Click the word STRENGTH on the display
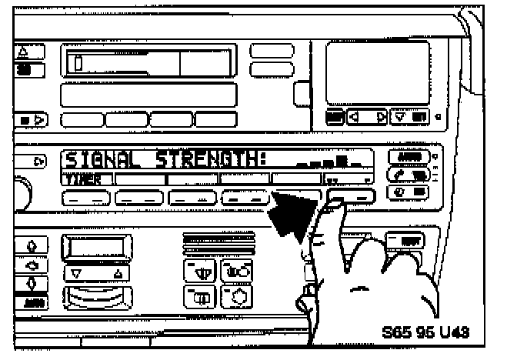click(x=209, y=161)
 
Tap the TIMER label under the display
click(x=78, y=178)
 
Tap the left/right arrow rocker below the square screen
click(x=367, y=118)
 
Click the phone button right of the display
click(x=409, y=175)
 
